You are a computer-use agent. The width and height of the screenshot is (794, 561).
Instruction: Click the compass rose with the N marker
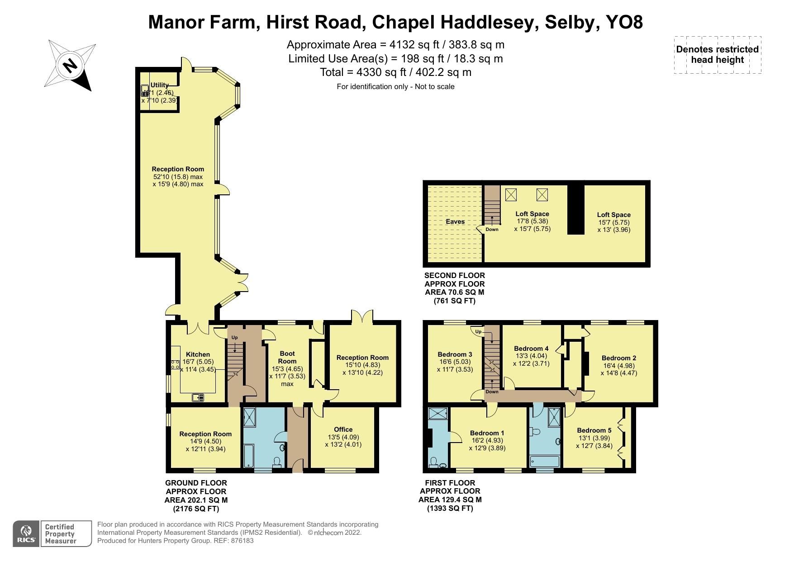[x=70, y=65]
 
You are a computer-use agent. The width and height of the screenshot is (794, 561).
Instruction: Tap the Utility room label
[x=160, y=85]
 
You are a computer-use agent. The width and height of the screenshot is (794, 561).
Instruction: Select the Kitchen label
[x=198, y=354]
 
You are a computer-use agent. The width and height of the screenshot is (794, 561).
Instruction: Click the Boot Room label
[x=287, y=357]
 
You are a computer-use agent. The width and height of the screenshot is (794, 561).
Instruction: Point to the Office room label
[x=343, y=429]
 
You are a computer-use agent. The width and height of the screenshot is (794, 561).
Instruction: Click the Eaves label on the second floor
[x=455, y=222]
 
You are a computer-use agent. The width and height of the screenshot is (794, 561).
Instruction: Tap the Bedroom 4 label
[x=531, y=349]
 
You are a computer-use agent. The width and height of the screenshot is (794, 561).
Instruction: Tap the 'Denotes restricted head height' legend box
[x=717, y=55]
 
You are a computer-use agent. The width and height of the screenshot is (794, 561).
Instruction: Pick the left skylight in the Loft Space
[x=511, y=195]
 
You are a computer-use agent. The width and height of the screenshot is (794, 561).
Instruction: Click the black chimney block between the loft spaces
[x=575, y=208]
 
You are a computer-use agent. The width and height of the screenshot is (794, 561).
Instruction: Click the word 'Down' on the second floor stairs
[x=492, y=230]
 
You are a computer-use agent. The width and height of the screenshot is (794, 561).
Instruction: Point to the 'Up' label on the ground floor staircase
[x=234, y=338]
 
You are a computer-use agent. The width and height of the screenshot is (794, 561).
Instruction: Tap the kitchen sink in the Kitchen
[x=198, y=397]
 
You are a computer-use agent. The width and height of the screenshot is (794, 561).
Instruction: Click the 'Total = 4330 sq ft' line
[x=395, y=72]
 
